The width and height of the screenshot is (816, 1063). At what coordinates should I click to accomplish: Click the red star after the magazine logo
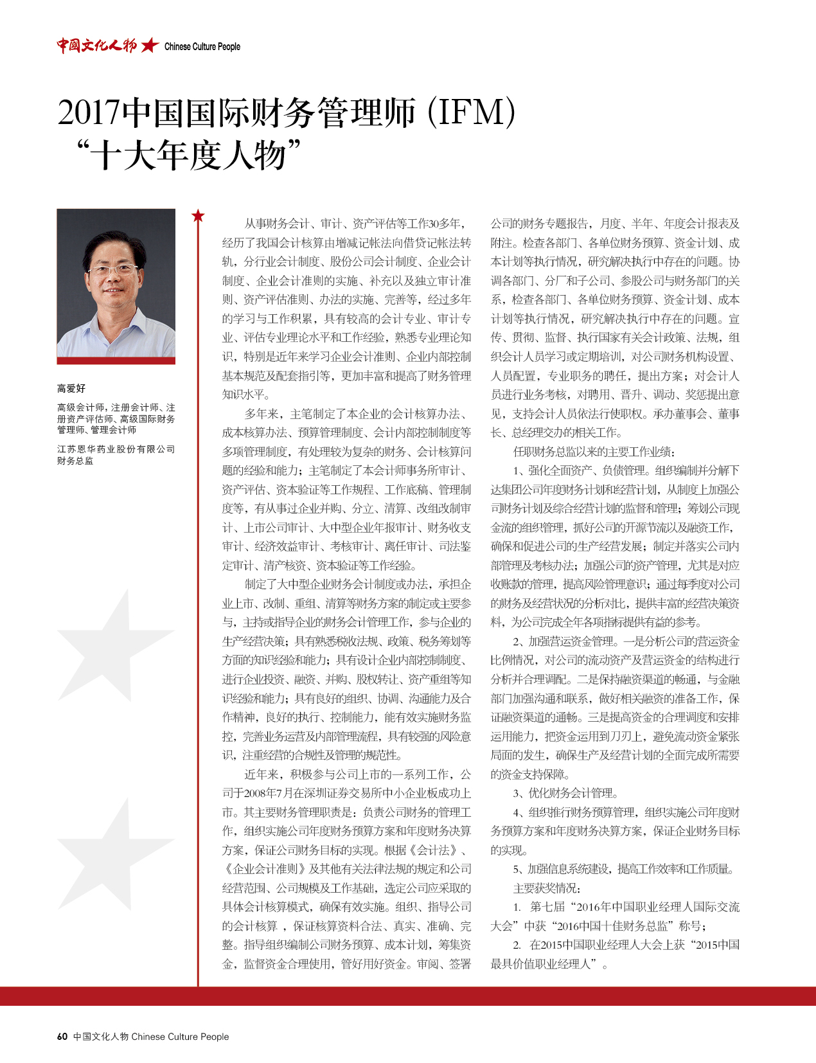click(150, 45)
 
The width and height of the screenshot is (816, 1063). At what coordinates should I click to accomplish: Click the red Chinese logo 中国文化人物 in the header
click(96, 45)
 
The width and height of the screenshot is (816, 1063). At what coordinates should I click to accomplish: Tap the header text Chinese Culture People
click(202, 46)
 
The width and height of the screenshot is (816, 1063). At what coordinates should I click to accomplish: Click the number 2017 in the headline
click(89, 113)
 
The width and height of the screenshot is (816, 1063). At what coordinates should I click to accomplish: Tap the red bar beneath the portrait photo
click(116, 361)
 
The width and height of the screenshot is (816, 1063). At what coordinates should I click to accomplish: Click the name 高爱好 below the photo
click(71, 388)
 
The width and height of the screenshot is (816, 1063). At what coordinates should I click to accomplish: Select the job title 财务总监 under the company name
click(75, 461)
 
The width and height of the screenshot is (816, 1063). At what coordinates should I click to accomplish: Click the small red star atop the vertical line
click(198, 216)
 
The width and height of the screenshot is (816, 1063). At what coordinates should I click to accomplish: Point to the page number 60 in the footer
click(62, 1037)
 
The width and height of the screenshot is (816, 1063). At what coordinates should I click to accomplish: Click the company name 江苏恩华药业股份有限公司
click(116, 449)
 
